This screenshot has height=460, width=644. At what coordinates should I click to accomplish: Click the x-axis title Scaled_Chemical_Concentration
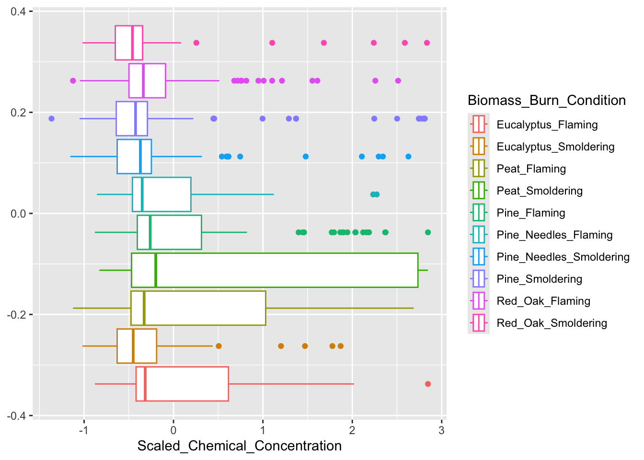tap(240, 446)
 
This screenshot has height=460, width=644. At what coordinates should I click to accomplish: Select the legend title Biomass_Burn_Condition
tap(547, 100)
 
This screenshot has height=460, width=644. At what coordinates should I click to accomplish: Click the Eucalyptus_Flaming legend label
tap(547, 125)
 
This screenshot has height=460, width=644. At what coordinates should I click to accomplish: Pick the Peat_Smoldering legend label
tap(540, 191)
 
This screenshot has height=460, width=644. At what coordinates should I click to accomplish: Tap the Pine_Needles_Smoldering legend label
tap(563, 257)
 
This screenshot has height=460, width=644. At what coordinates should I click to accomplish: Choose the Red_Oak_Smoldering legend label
tap(552, 323)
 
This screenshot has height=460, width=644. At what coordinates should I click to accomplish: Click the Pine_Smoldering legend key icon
tap(479, 279)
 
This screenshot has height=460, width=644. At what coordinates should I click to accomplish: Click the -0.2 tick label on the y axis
tap(17, 315)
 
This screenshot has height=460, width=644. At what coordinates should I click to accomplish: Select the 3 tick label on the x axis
tap(442, 430)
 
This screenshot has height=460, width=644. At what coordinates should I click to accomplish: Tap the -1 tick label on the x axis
tap(84, 430)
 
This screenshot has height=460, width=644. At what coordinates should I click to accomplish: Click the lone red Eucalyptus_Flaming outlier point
tap(428, 384)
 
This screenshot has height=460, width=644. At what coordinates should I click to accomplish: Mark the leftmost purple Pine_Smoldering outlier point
tap(52, 118)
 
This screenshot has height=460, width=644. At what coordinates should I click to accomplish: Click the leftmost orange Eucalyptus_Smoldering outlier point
tap(218, 346)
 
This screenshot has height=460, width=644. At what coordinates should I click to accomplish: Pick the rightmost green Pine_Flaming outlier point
tap(428, 232)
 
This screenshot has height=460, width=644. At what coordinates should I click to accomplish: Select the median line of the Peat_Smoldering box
tap(156, 270)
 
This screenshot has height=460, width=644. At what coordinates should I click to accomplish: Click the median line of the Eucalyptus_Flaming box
tap(145, 384)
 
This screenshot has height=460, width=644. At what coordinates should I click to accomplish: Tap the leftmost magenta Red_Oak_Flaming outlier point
tap(73, 80)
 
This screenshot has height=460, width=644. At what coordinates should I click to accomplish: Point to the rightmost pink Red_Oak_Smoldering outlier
tap(427, 43)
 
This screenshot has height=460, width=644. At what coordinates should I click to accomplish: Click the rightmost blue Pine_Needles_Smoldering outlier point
tap(408, 157)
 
